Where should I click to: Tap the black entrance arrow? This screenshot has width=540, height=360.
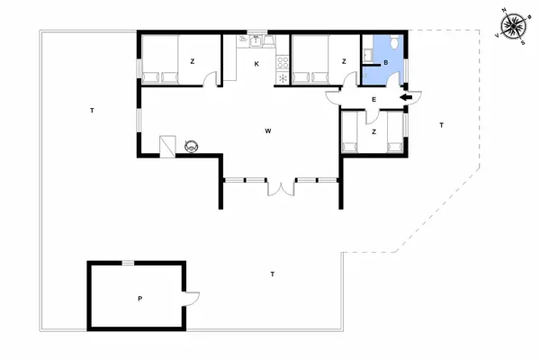click(405, 98)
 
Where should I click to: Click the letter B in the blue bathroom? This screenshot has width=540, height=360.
click(385, 63)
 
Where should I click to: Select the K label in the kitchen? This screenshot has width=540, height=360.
click(256, 63)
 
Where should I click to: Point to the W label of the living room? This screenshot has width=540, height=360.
click(268, 131)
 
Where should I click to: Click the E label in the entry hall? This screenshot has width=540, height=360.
click(373, 99)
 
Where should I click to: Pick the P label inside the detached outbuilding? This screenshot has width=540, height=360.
click(139, 298)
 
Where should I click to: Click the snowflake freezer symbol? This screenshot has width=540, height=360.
click(284, 78)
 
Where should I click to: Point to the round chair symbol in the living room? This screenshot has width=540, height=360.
click(191, 145)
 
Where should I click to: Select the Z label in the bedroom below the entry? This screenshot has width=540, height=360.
click(373, 131)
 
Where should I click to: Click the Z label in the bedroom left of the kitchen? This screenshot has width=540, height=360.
click(192, 61)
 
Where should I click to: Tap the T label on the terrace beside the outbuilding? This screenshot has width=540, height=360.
click(272, 272)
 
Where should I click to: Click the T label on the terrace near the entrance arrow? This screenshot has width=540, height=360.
click(441, 125)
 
